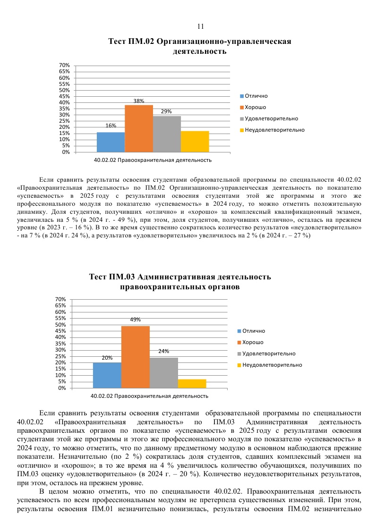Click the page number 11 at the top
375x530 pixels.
coord(200,26)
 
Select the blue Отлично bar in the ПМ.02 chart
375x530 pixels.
coord(111,142)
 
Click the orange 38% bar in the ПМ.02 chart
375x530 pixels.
coord(139,128)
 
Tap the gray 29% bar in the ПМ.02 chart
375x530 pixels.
coord(167,134)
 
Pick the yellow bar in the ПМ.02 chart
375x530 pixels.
coord(195,142)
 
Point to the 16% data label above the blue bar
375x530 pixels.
coord(111,126)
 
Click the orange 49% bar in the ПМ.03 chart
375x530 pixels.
coord(136,357)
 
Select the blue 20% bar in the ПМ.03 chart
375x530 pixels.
coord(107,375)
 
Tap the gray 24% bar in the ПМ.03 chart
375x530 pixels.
coord(164,373)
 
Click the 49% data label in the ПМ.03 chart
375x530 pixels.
coord(136,320)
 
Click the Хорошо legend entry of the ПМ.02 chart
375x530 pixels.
coord(255,107)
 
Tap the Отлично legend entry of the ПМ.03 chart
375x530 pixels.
coord(254,331)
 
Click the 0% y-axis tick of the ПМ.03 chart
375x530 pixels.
coord(62,388)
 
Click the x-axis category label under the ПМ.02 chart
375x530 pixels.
coord(153,160)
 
